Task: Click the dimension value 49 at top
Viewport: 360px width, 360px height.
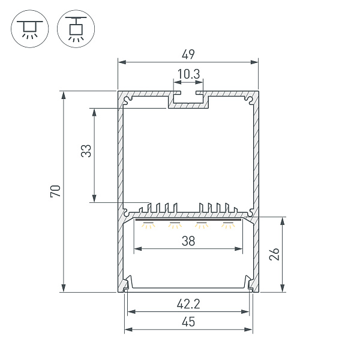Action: [188, 55]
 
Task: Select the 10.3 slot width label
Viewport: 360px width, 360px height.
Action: [188, 74]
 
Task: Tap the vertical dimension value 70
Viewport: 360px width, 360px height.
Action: [55, 191]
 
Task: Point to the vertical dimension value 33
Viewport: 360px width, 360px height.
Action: [86, 151]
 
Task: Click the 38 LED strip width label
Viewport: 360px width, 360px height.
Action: [188, 241]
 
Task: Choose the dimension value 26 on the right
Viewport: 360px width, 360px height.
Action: [274, 254]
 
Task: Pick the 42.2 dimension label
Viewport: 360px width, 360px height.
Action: [188, 304]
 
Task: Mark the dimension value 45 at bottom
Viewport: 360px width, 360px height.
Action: [188, 322]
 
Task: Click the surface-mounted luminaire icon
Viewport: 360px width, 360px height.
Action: [30, 29]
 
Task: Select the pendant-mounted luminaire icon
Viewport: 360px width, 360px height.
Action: [76, 29]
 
